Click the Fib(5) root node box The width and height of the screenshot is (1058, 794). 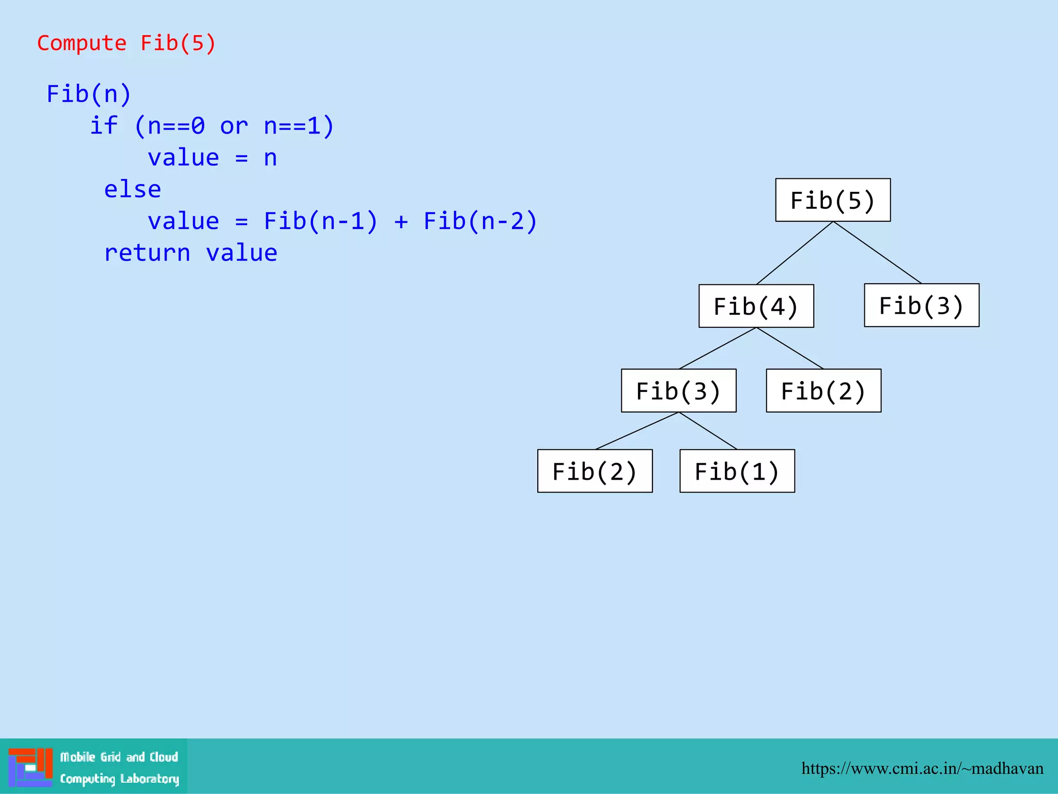point(833,200)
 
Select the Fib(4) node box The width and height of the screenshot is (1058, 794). point(756,306)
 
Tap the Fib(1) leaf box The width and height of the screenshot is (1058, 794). point(737,471)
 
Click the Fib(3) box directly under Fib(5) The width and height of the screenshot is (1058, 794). point(922,305)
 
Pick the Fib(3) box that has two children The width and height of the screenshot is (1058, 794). point(679,390)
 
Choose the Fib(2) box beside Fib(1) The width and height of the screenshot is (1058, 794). point(595,471)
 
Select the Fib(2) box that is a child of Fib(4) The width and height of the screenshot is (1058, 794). point(823,390)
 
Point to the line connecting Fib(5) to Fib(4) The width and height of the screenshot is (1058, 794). point(795,253)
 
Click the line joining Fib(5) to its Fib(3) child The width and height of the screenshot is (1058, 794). point(877,252)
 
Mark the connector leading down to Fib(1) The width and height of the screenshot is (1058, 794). point(708,431)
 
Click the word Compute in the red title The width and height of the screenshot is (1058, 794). point(82,43)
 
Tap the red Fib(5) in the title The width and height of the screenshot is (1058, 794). point(178,43)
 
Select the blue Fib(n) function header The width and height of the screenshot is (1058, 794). point(89,94)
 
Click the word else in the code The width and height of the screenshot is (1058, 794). point(132,190)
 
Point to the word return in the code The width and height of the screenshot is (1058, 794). point(147,253)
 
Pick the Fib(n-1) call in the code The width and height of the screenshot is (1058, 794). point(321,221)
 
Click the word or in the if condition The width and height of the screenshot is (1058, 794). point(234,126)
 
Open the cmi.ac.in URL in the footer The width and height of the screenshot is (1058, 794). point(922,769)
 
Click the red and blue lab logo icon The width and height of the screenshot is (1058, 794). point(30,767)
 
